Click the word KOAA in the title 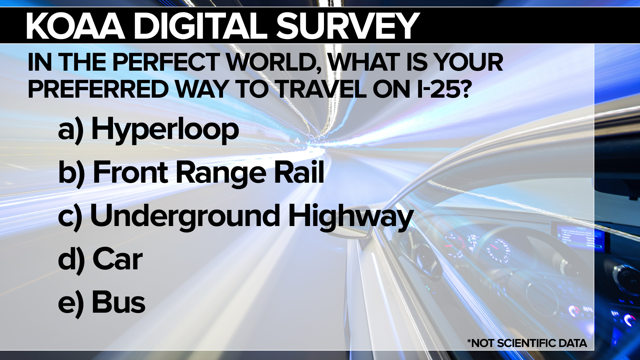point(76,26)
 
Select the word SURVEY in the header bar point(348,26)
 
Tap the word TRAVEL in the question point(322,89)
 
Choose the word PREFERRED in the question point(98,89)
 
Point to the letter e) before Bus point(71,303)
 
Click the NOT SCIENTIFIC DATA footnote point(527,343)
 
